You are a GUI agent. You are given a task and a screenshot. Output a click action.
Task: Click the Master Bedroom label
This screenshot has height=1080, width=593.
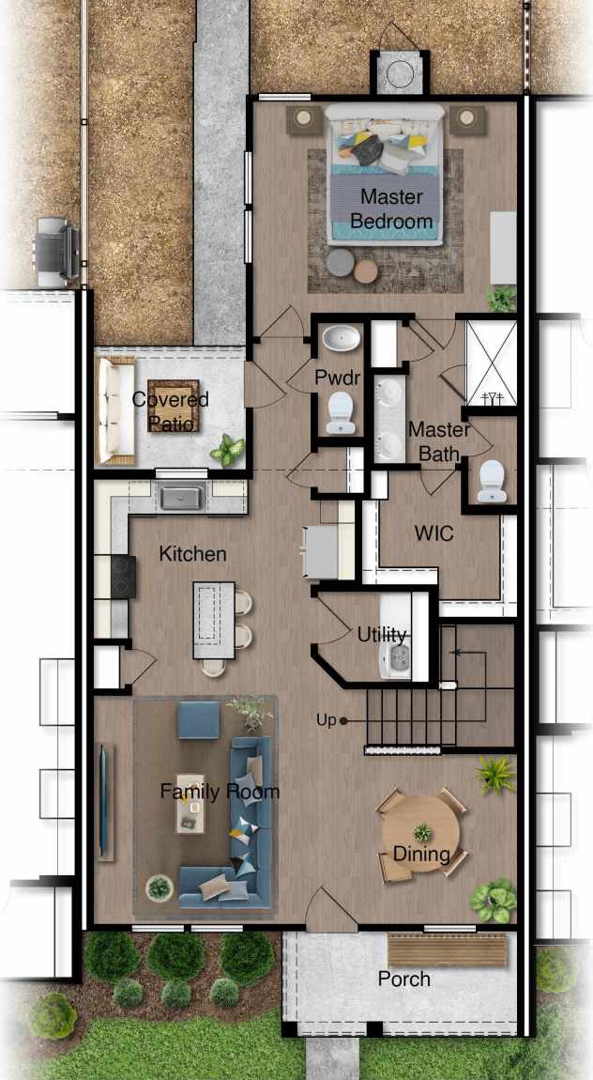pos(391,209)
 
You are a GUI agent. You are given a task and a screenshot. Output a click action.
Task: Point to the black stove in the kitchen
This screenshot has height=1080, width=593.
pos(122,577)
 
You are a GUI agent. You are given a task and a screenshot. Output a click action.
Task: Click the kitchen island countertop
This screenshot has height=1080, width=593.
pos(213,620)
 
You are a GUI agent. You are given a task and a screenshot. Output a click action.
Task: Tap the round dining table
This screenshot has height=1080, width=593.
pos(419,833)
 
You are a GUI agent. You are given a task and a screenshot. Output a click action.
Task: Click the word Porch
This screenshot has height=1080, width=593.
pos(403,980)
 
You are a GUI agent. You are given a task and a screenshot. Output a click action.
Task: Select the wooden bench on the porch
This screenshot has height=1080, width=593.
pos(447,949)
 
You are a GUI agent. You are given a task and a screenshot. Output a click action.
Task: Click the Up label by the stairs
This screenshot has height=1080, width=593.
pos(326,720)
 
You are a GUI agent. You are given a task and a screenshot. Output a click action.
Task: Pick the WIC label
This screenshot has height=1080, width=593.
pos(433,533)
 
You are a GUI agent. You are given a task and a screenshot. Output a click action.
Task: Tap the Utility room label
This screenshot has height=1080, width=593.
pos(381,634)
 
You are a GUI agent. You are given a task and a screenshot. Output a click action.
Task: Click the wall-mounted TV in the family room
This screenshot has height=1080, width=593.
pos(102,799)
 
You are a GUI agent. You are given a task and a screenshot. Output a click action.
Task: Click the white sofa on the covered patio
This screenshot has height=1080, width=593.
pos(111,410)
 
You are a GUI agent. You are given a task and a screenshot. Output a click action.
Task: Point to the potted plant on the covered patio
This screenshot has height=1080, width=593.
pos(227,450)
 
